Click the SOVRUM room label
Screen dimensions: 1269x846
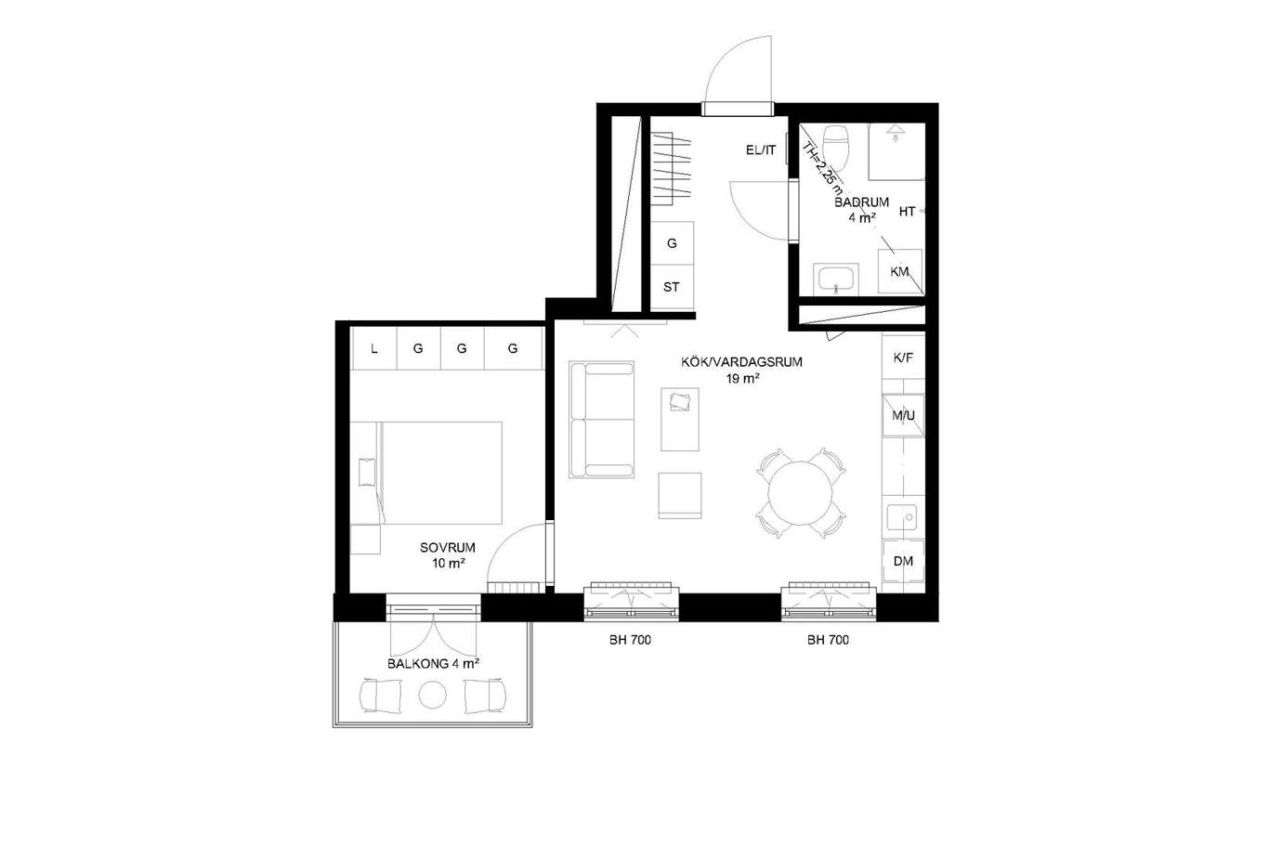(x=448, y=548)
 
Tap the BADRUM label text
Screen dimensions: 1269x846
(x=862, y=202)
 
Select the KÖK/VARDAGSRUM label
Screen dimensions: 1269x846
(x=741, y=362)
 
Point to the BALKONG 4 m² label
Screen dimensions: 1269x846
(x=434, y=664)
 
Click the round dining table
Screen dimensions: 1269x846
(x=801, y=493)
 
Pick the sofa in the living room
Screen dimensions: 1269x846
(x=602, y=420)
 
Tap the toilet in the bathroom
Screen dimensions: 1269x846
(x=836, y=148)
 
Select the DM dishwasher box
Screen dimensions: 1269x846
(x=904, y=561)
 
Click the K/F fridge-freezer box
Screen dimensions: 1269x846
(x=904, y=358)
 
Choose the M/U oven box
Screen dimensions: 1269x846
(x=904, y=416)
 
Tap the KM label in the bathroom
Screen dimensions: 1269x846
(x=899, y=272)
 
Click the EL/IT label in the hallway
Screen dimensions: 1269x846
(x=761, y=150)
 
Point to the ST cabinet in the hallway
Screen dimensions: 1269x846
(x=672, y=287)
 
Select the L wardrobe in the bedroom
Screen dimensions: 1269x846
(x=373, y=348)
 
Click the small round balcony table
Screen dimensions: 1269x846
(x=432, y=695)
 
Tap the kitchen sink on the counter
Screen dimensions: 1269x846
(x=902, y=517)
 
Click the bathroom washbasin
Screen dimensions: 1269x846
(x=835, y=280)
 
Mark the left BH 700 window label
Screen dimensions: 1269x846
(x=630, y=641)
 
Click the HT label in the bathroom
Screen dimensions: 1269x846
(x=907, y=212)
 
